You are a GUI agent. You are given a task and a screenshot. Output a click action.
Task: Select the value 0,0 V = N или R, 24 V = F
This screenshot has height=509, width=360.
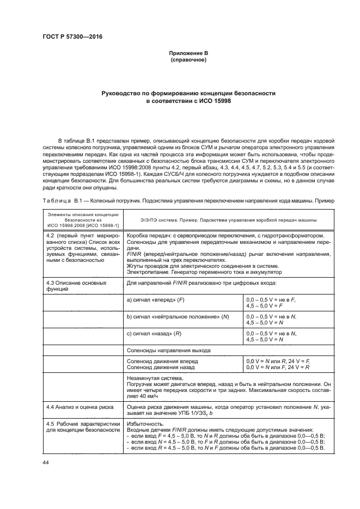278,361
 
